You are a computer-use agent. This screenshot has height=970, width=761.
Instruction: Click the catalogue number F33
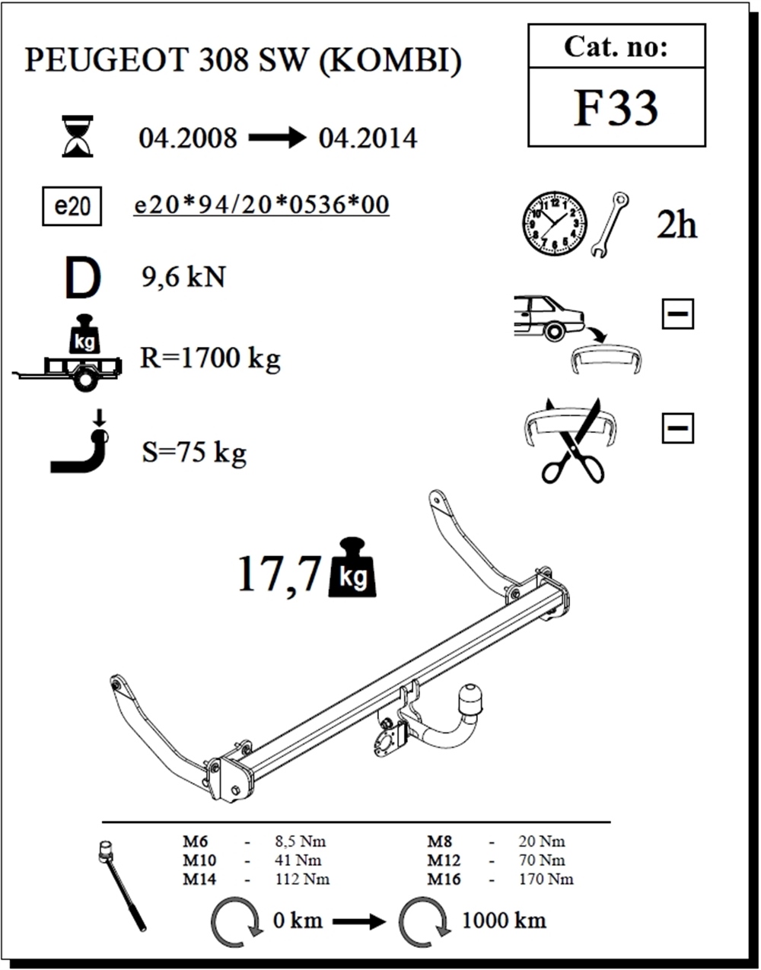pos(616,108)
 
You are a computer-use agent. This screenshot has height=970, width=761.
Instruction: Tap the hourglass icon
pos(78,136)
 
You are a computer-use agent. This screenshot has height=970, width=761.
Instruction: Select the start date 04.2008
pos(188,138)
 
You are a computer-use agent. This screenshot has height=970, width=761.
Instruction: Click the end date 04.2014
pos(368,138)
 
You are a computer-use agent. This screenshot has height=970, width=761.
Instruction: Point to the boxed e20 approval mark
pos(72,206)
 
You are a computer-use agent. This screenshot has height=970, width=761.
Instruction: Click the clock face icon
pos(555,224)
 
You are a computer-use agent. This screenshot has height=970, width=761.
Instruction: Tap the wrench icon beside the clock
pos(610,225)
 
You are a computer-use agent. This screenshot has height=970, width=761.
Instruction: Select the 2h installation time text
pos(677,226)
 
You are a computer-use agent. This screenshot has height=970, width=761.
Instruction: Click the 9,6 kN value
pos(183,278)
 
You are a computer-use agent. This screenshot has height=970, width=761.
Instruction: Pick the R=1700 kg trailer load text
pos(210,359)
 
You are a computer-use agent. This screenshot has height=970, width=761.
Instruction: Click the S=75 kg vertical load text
pos(194,453)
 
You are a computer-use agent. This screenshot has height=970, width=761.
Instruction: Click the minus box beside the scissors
pos(677,428)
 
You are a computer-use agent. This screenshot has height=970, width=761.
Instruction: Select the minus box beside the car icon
pos(677,313)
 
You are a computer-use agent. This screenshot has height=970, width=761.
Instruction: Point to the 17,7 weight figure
pos(279,574)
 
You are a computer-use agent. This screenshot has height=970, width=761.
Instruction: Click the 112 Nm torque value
pos(302,879)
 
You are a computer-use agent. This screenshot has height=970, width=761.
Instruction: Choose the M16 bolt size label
pos(444,879)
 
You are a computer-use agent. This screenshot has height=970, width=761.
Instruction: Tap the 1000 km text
pos(504,921)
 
